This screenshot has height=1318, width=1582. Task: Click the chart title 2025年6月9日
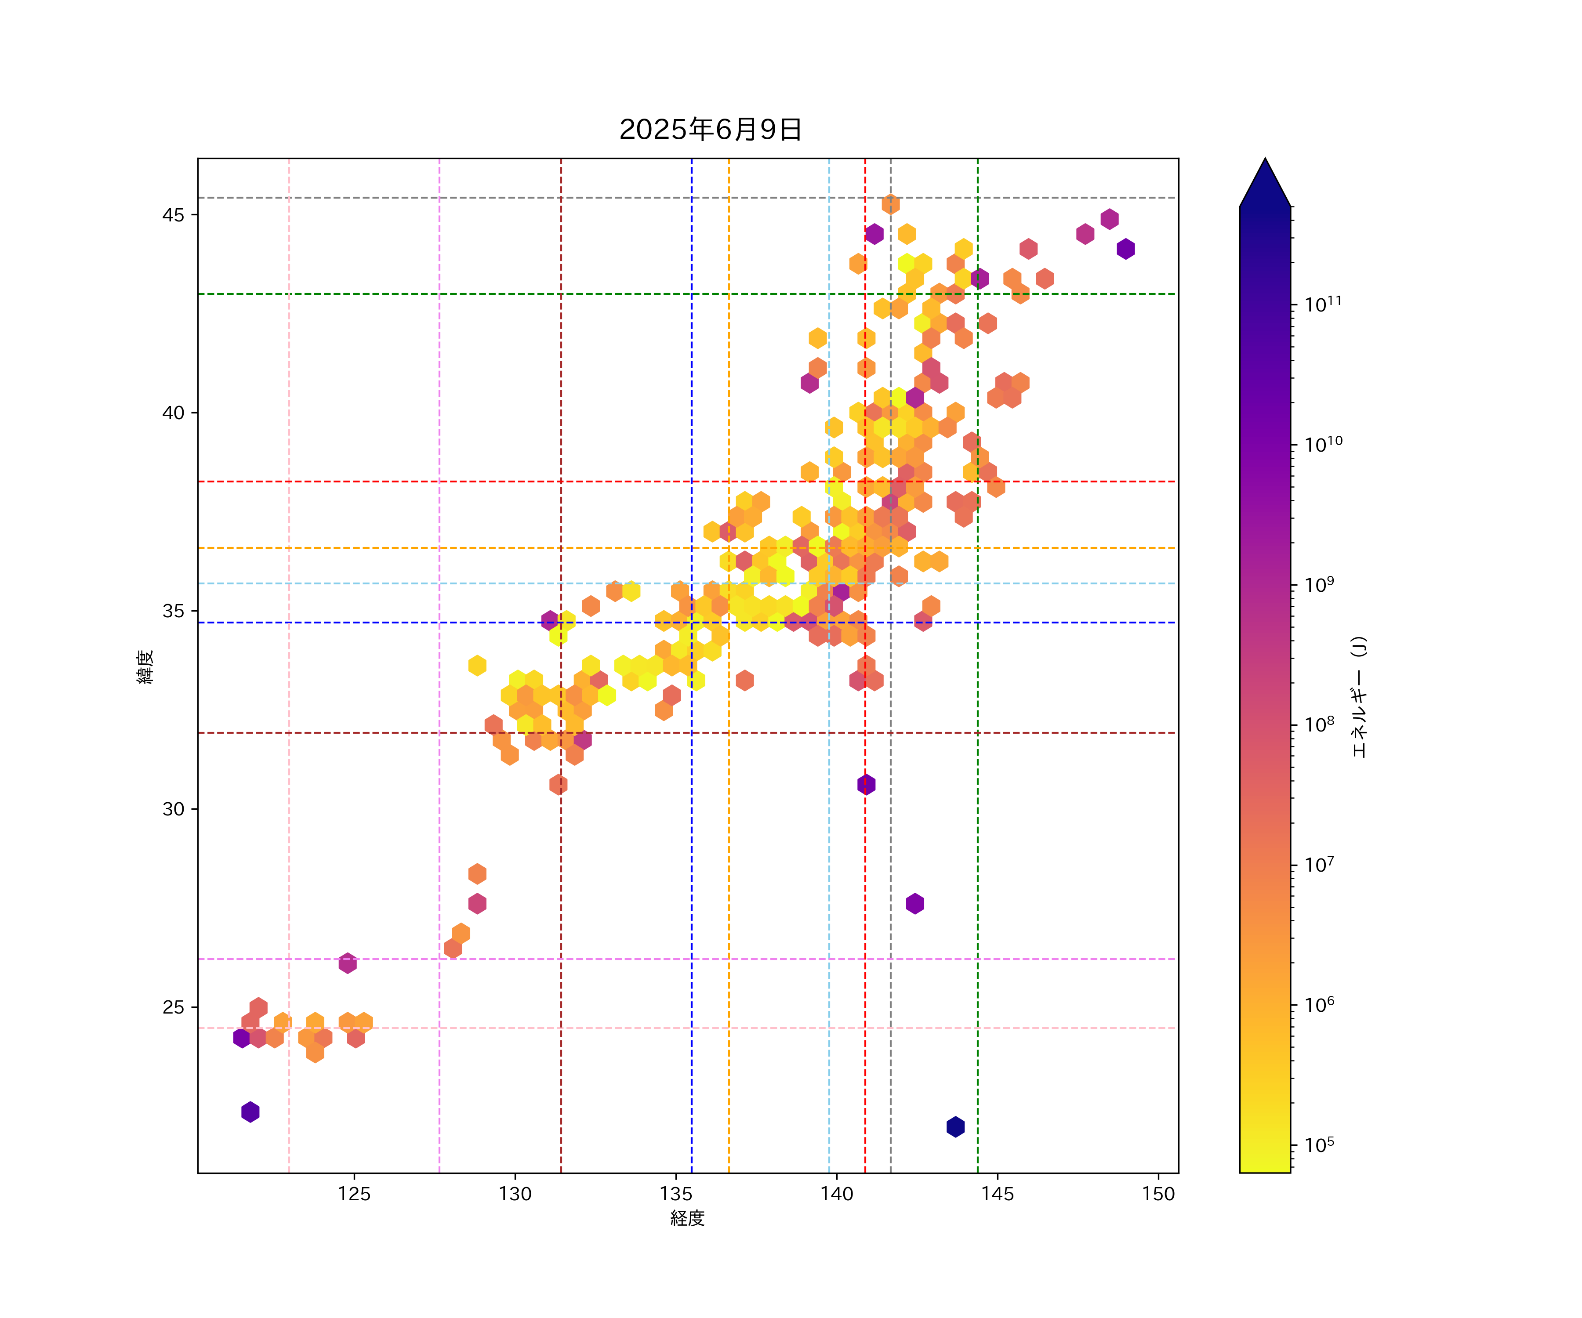711,130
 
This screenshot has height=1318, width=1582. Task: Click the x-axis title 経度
687,1218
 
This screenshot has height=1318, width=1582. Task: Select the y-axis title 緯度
145,666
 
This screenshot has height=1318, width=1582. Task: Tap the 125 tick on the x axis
354,1194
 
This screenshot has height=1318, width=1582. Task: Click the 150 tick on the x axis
1158,1194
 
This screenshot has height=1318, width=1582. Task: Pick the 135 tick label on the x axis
676,1194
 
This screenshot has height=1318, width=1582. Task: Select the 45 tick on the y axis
173,215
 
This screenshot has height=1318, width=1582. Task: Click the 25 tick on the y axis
173,1008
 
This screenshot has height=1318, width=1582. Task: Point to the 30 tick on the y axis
173,810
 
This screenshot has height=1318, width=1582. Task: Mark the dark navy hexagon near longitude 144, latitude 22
955,1127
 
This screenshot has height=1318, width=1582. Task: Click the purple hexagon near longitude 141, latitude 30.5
866,785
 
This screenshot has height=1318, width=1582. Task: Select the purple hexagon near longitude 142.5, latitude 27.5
914,904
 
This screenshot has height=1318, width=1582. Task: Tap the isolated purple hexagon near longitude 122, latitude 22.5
250,1112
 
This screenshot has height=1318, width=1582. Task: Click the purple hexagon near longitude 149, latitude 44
1125,249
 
